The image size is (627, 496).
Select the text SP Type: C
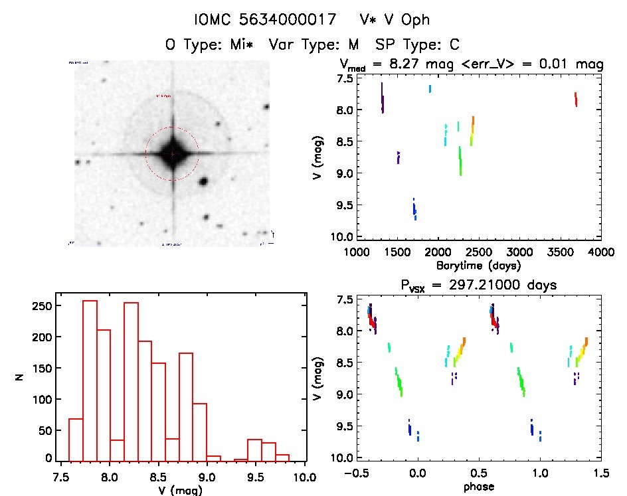tap(418, 44)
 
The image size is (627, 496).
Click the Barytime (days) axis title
tap(478, 265)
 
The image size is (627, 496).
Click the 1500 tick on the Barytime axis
tap(397, 252)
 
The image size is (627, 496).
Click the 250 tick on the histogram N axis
tap(43, 306)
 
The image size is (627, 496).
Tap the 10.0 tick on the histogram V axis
tap(305, 476)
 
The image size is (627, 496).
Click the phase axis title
tap(478, 486)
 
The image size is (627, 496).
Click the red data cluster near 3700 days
tap(576, 100)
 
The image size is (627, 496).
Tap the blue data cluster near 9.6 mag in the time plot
tap(414, 208)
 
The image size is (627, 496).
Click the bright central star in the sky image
tap(172, 153)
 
